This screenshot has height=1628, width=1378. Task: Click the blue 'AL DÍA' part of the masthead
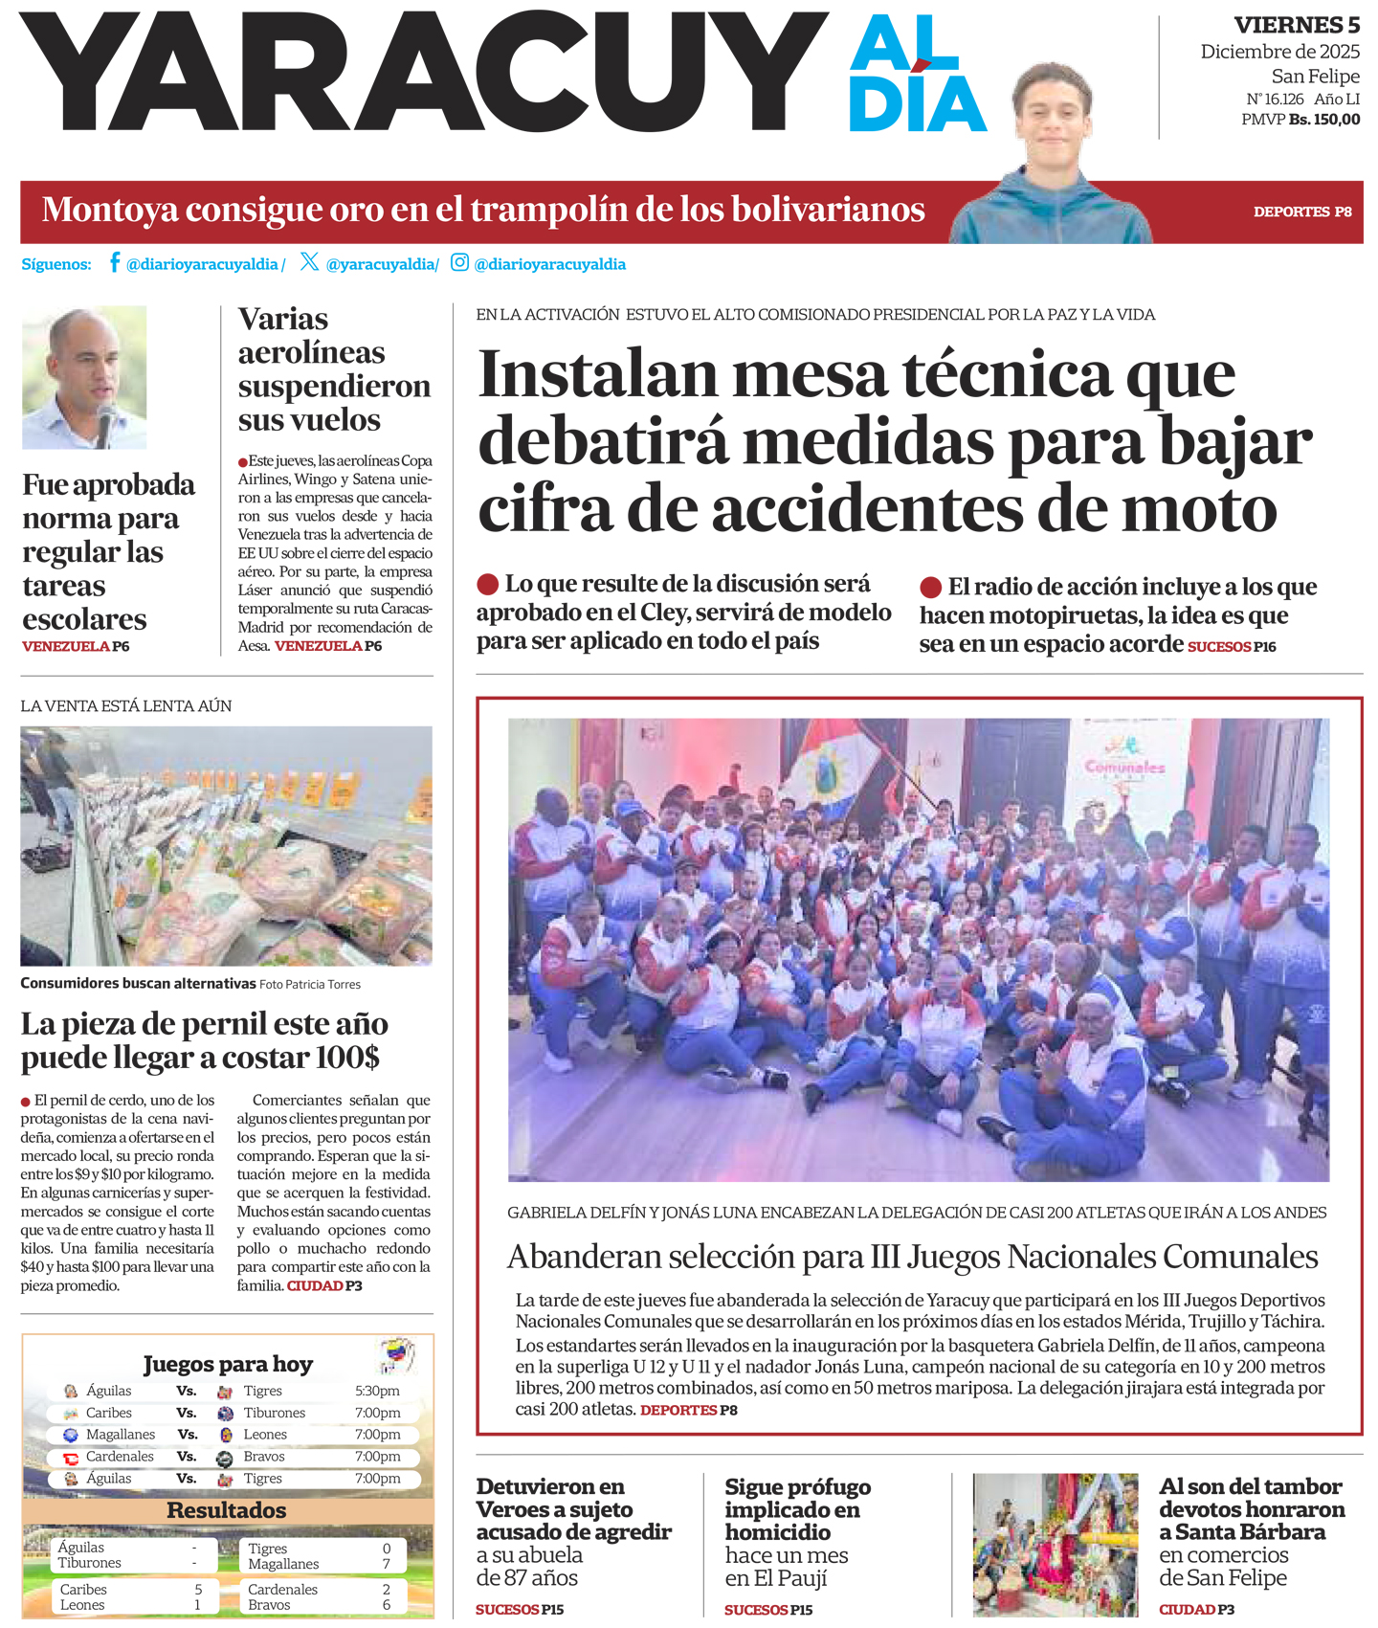tap(916, 75)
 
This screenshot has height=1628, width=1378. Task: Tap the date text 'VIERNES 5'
tap(1296, 25)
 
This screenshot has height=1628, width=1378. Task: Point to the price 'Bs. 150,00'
tap(1323, 120)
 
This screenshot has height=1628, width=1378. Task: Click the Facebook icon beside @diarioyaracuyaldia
tap(115, 262)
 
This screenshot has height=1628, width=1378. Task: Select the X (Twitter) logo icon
tap(309, 262)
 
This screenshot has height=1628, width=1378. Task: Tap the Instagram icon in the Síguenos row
tap(459, 262)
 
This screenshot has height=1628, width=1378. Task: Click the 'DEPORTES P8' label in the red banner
tap(1301, 212)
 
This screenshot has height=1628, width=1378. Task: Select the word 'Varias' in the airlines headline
tap(282, 319)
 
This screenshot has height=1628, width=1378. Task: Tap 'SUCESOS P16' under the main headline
tap(1232, 647)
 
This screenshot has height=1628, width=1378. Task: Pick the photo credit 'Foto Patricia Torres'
tap(309, 984)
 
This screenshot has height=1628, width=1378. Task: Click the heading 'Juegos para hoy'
tap(228, 1364)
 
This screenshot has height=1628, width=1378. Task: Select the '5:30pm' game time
tap(377, 1391)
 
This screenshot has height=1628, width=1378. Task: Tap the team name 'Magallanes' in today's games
tap(121, 1435)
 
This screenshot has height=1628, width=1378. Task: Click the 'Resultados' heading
tap(227, 1510)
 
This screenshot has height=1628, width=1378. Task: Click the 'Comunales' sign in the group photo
tap(1124, 766)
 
